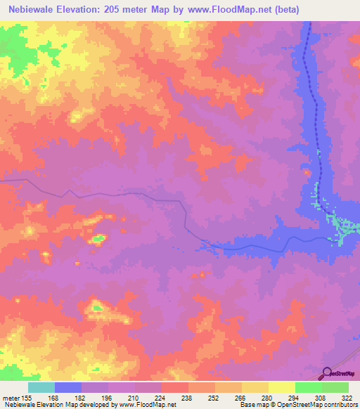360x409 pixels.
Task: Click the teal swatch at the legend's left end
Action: click(41, 388)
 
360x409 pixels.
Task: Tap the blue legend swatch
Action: click(68, 388)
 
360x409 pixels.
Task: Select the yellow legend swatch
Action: click(282, 388)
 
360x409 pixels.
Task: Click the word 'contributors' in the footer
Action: click(339, 405)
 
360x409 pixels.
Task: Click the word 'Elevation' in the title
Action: click(86, 10)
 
